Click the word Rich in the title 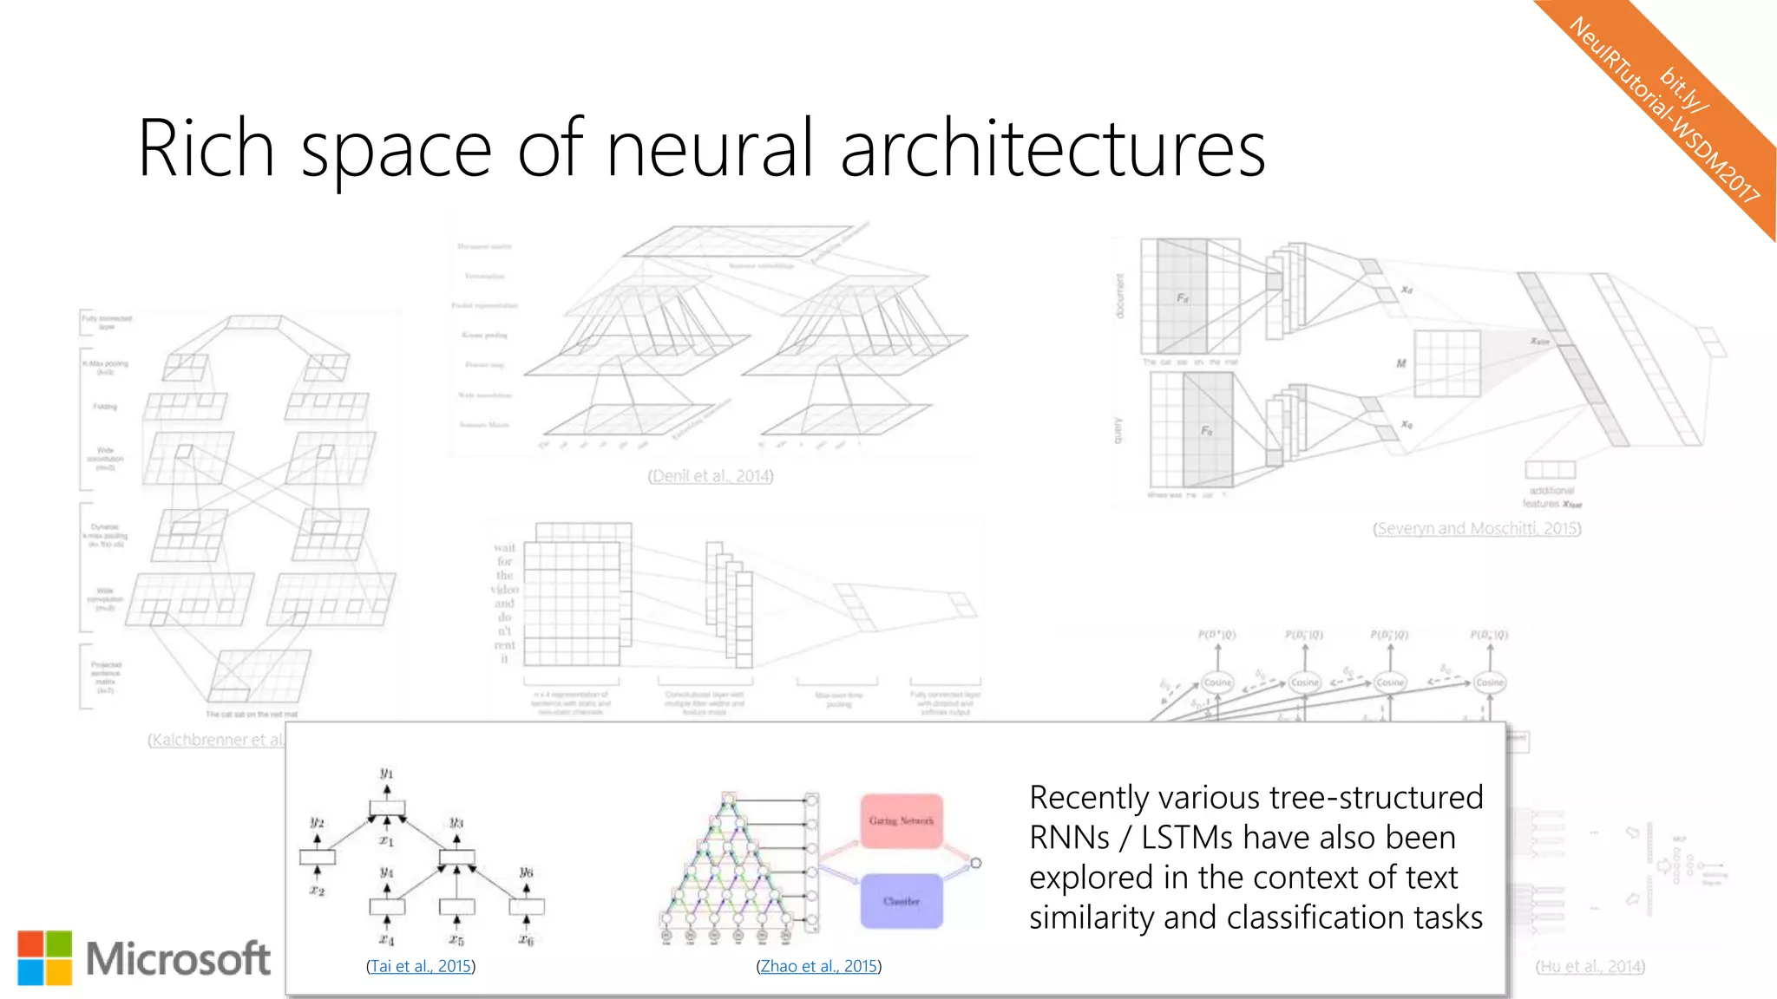[206, 149]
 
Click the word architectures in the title [1052, 149]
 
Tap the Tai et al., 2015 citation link [421, 966]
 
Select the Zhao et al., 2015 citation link [818, 966]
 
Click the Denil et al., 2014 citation [710, 476]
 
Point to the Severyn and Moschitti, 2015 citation [1476, 528]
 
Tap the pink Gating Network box [902, 820]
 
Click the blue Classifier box [902, 901]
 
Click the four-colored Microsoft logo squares [45, 958]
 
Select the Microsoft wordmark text [178, 959]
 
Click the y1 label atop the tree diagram [387, 772]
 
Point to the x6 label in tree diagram [527, 939]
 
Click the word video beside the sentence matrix [504, 589]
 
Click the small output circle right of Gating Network [976, 863]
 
